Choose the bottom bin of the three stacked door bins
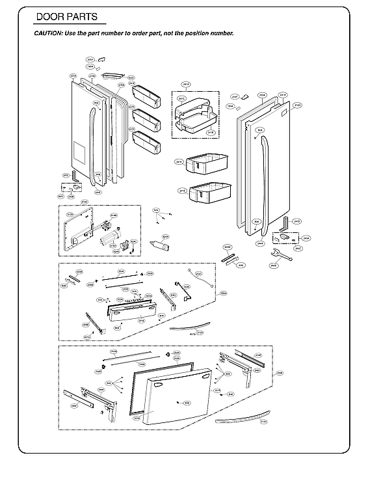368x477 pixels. click(146, 141)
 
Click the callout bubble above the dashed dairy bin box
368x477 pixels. click(186, 85)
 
